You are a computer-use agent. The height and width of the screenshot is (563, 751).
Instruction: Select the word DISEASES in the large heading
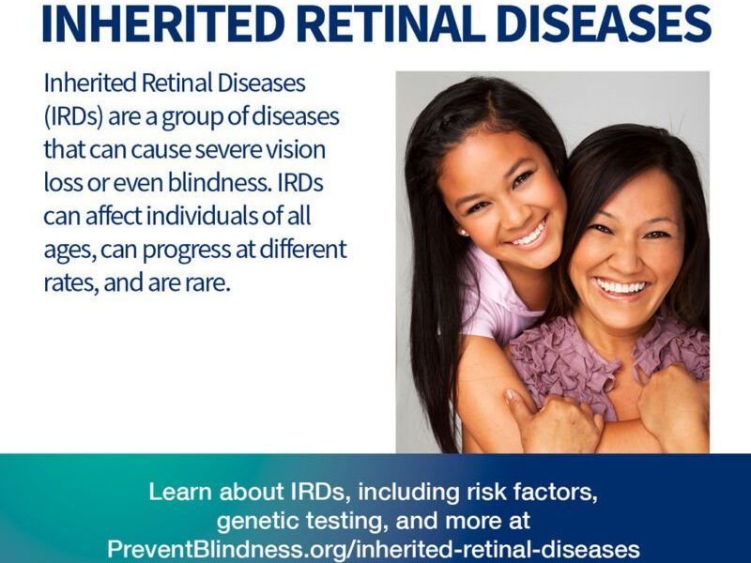(x=604, y=22)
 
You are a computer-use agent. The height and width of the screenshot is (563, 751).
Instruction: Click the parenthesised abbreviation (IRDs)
(x=73, y=116)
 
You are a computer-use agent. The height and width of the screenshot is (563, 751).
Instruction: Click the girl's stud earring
(x=463, y=232)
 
